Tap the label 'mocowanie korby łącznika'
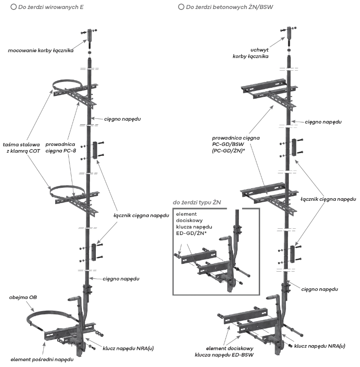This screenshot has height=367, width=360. point(43,50)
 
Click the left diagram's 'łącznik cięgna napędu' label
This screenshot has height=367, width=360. point(138,216)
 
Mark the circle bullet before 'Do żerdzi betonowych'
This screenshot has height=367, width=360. point(181,7)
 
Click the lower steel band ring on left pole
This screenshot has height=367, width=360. point(67,187)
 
